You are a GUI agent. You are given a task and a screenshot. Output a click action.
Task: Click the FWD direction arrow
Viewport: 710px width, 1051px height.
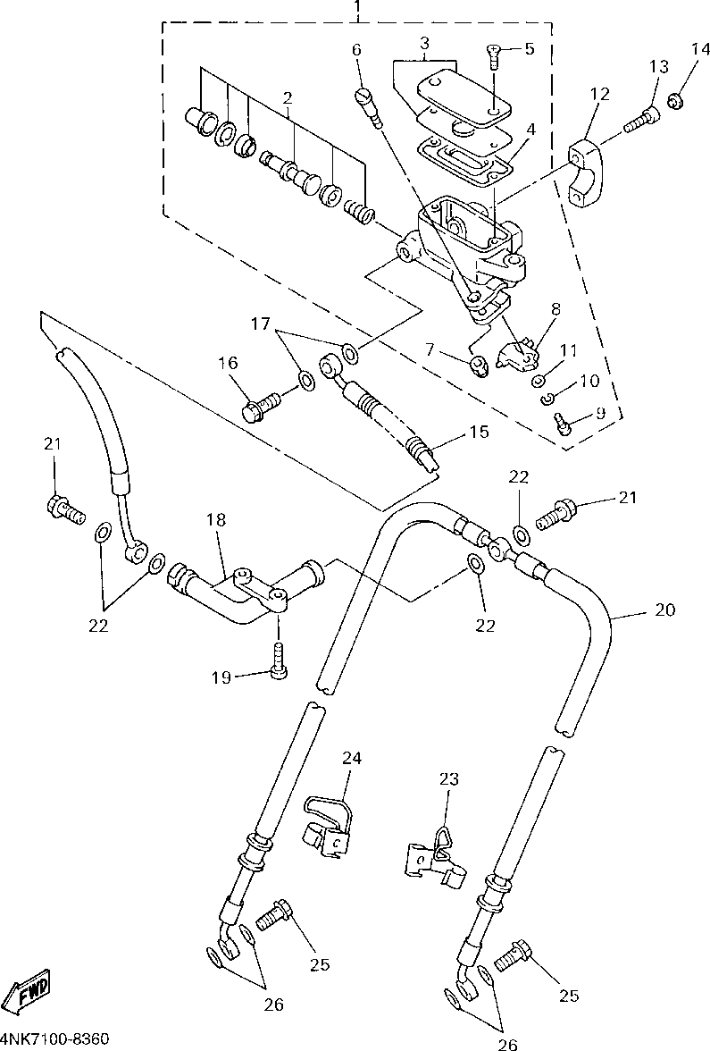(28, 990)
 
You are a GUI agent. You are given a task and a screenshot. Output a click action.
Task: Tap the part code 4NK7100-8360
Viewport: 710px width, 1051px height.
(55, 1039)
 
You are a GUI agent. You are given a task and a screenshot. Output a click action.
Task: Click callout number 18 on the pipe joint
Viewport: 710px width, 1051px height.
(218, 520)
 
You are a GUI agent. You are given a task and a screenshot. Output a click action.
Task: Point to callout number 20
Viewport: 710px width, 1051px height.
(664, 610)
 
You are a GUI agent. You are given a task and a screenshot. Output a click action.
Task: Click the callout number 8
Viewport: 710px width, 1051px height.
(555, 310)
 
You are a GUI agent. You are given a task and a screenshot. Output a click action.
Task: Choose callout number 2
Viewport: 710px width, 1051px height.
(288, 97)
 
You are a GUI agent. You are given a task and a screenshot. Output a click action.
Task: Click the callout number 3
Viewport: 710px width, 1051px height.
(424, 43)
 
